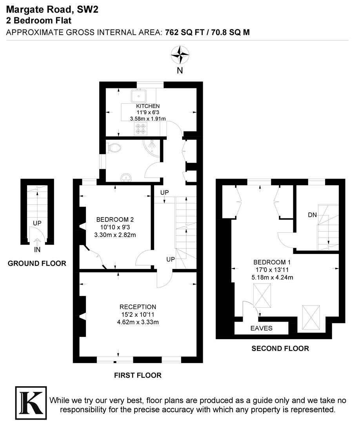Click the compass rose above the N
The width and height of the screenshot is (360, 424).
point(180,55)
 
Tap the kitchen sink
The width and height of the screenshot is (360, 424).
point(139,96)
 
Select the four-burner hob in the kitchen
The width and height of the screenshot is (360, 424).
point(140,128)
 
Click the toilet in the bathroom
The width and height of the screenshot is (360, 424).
point(114,148)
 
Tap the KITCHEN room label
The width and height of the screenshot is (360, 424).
point(148,106)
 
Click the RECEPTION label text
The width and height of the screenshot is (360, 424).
point(138,307)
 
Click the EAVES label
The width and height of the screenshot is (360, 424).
point(262,328)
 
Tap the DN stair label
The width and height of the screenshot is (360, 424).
point(313,215)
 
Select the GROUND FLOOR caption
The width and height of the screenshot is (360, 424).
point(37,263)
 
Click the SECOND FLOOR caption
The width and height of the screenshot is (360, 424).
point(280,348)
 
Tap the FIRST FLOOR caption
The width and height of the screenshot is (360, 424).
point(138,375)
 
